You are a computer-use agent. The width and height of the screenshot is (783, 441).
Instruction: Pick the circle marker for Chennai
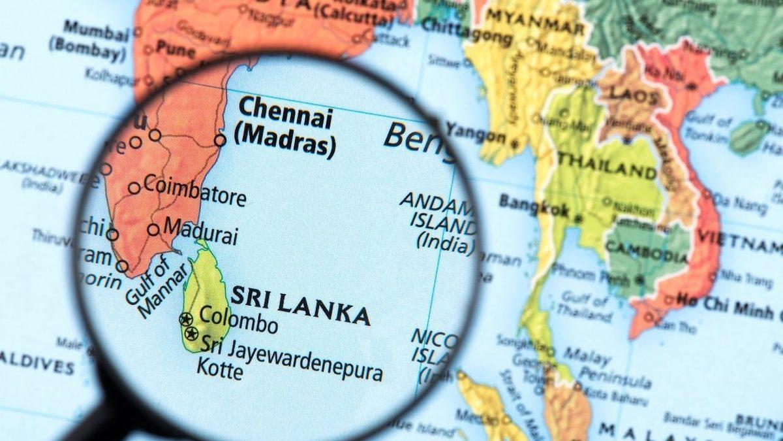click(220, 140)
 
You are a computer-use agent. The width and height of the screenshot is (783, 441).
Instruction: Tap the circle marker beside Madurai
click(153, 230)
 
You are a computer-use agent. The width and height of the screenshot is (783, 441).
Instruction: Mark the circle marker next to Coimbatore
click(134, 188)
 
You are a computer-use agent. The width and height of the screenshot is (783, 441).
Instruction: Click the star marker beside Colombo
click(186, 319)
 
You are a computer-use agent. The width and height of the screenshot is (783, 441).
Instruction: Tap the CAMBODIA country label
click(647, 251)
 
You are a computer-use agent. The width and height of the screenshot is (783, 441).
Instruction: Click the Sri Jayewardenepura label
click(291, 357)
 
